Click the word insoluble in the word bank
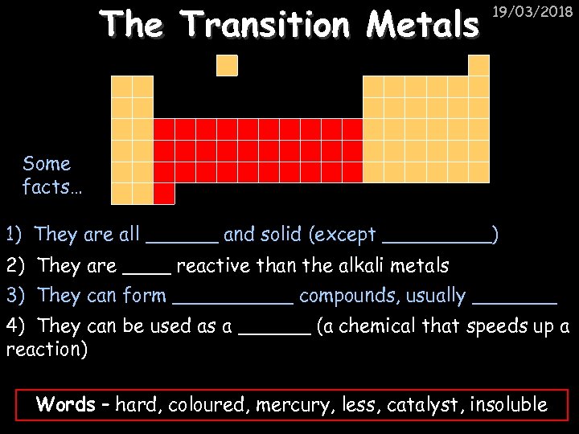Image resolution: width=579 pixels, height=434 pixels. [x=508, y=405]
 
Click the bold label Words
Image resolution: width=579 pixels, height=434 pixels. [x=65, y=404]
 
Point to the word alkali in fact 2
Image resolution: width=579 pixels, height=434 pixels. [x=355, y=265]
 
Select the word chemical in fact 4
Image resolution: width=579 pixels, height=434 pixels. [x=363, y=326]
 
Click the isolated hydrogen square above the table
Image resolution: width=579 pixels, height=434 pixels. [x=228, y=65]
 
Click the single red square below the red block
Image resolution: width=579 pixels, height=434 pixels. [x=164, y=193]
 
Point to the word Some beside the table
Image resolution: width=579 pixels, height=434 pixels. [x=47, y=164]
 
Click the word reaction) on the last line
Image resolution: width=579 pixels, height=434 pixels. [x=47, y=350]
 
